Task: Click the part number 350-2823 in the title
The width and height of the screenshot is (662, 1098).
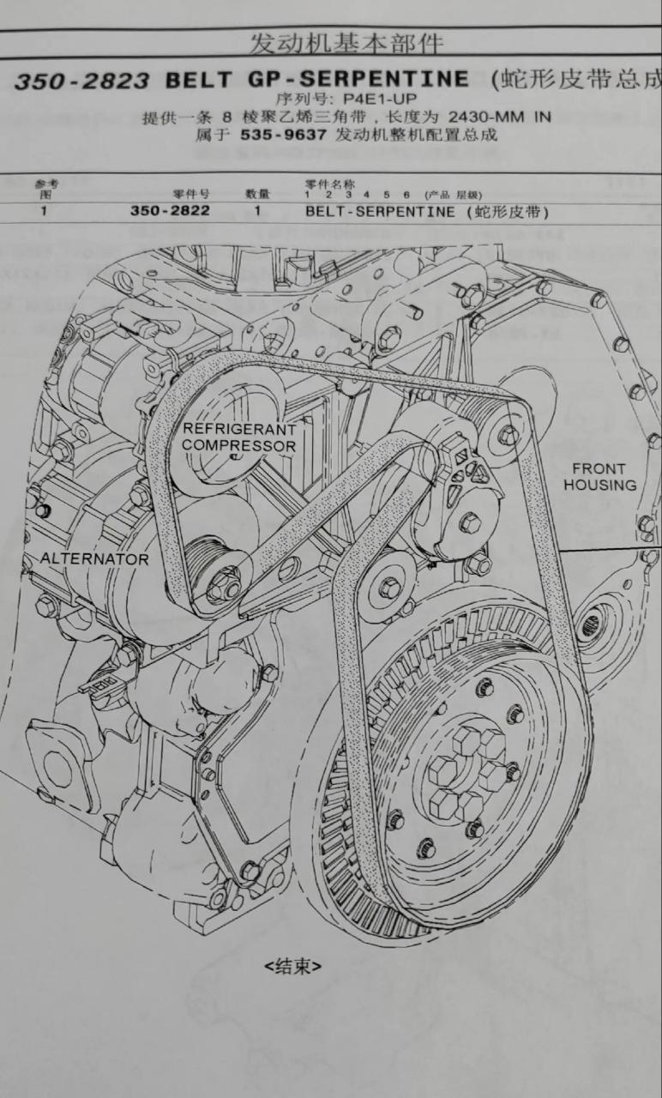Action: [x=81, y=81]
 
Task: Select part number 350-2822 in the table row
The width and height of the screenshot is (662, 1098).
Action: [x=170, y=210]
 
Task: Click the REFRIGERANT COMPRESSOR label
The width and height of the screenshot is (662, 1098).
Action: [x=238, y=437]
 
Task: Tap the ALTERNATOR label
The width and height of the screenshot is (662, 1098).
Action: [x=94, y=559]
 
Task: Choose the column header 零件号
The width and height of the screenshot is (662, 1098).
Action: [x=191, y=195]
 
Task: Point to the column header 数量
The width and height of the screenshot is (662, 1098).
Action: [x=258, y=195]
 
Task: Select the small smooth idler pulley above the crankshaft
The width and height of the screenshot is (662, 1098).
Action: [x=389, y=588]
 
